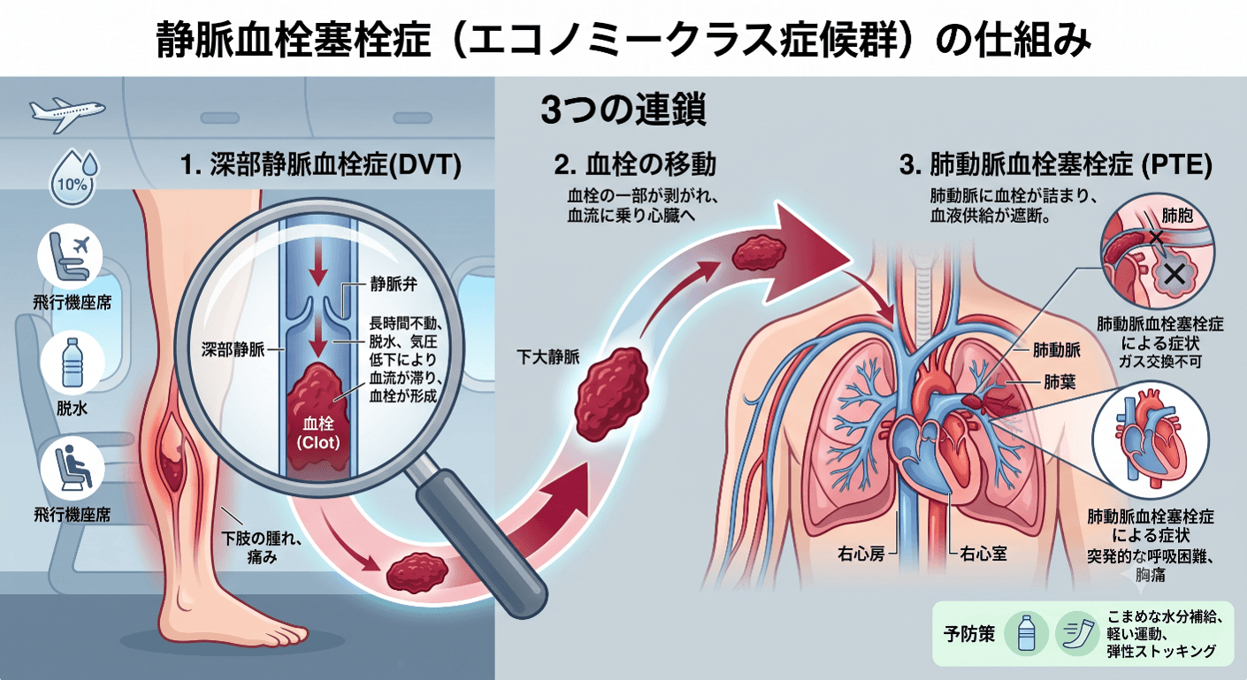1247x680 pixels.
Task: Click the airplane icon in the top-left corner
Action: coord(67,114)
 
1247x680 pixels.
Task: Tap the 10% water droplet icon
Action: coord(73,177)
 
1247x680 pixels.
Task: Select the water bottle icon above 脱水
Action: coord(72,363)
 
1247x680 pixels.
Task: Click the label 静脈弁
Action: coord(394,285)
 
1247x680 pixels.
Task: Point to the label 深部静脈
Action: coord(233,350)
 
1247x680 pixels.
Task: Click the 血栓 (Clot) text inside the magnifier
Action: coord(317,433)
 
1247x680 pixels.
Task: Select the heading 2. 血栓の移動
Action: coord(635,164)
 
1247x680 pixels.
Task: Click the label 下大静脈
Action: coord(548,356)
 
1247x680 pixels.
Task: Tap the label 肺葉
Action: coord(1060,382)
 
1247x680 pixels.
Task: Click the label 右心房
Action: coord(861,554)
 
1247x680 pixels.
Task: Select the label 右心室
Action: coord(983,554)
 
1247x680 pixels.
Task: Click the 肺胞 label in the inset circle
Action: coord(1177,216)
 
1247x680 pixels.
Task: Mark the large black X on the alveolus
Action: coord(1174,274)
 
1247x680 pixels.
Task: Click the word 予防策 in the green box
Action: coord(969,634)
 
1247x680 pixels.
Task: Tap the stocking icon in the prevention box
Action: coord(1078,634)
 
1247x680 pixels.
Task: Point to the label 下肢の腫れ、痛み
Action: coord(262,548)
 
